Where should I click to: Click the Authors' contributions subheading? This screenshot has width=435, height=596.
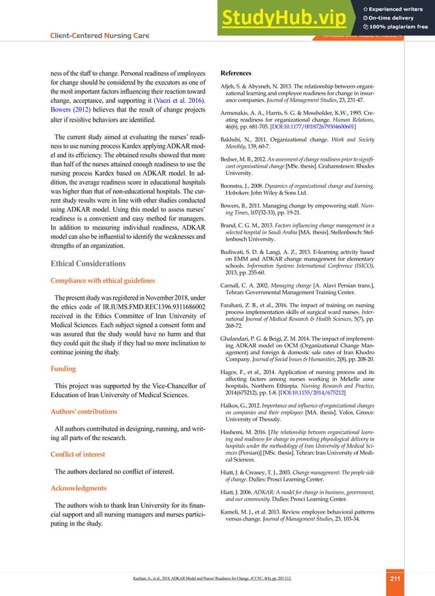point(84,411)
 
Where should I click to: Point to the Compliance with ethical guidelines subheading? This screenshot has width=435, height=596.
point(105,281)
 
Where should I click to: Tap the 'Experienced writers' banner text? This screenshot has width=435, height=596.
point(394,7)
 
